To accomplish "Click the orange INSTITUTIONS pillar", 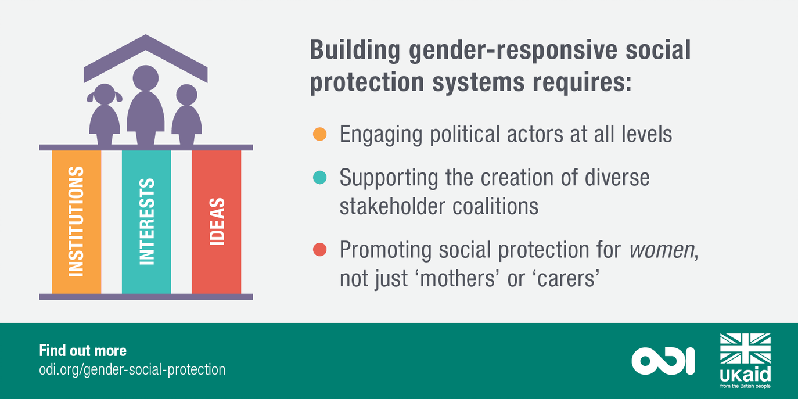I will coord(76,221).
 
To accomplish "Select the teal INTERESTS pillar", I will coord(146,221).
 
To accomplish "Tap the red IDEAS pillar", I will coord(216,221).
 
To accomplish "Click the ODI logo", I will coord(663,360).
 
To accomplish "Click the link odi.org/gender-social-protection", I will coord(132,369).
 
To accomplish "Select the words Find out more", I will coord(82,351).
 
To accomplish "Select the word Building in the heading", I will coord(354,51).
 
